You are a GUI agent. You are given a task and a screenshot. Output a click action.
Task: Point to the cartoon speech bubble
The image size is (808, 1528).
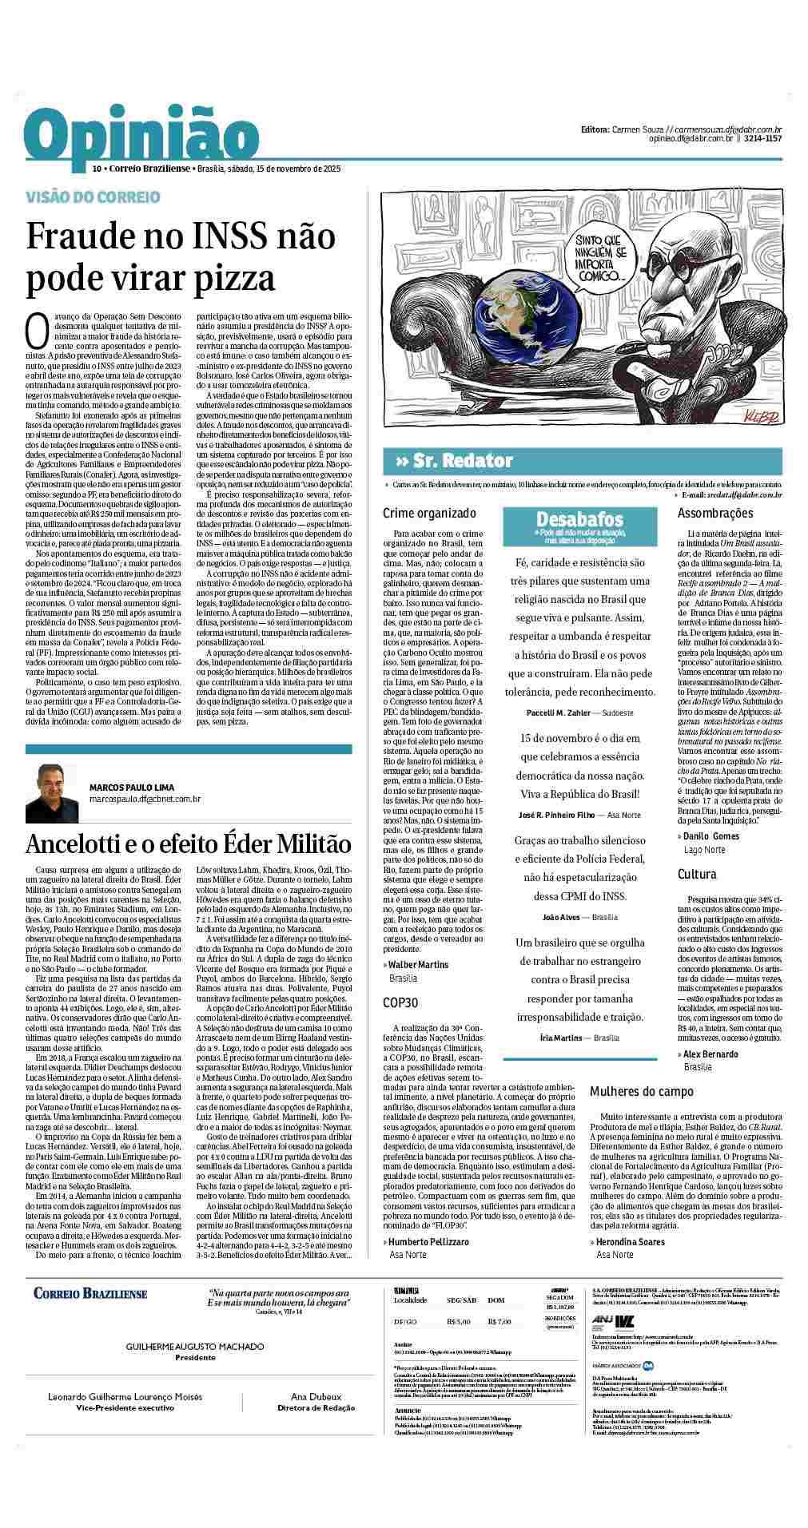click(596, 256)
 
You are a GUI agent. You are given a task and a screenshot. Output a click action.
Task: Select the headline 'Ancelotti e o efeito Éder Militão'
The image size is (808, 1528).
click(188, 843)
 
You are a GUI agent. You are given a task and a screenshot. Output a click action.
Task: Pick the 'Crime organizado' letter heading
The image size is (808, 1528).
click(429, 513)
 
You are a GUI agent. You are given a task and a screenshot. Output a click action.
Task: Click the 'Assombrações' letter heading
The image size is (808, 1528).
click(715, 513)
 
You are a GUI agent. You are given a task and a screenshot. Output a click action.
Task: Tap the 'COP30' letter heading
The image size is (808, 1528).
click(400, 1003)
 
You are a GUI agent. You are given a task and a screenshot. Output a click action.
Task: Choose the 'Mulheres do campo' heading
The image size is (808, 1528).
click(642, 1091)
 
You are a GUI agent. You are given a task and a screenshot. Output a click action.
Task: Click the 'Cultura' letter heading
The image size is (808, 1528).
click(697, 874)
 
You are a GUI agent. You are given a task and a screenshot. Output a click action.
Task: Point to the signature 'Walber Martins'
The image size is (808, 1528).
click(418, 965)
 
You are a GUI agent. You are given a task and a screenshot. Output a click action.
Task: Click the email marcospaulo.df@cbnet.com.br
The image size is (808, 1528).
click(145, 798)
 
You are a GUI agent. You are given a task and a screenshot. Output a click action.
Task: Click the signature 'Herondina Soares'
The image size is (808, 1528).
click(631, 1241)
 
